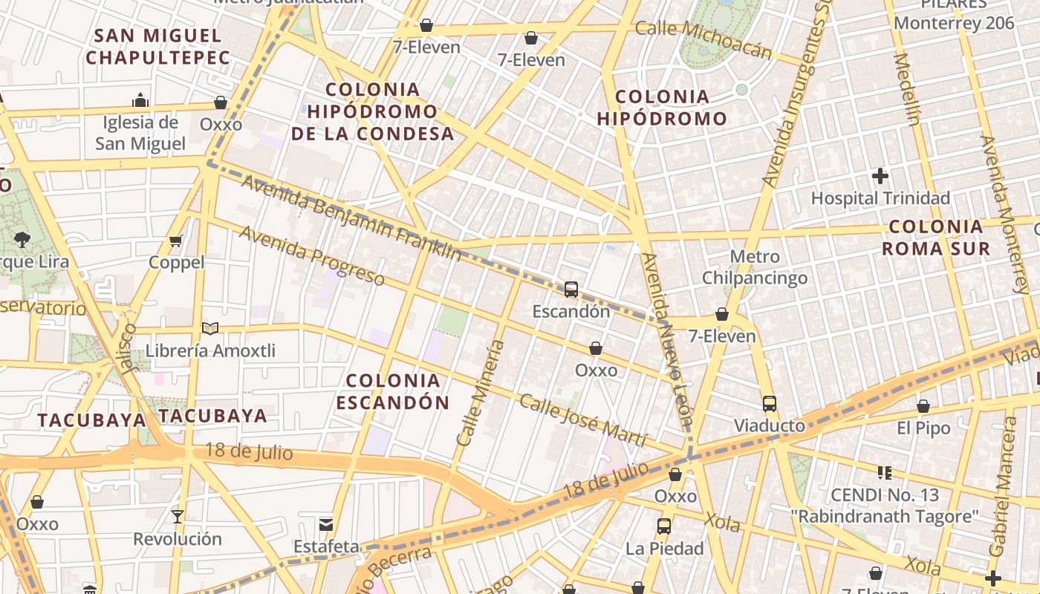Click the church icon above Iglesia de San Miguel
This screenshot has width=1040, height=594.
point(140,100)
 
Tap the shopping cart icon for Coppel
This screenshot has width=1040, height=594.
point(176,240)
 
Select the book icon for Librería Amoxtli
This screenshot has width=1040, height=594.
point(210,327)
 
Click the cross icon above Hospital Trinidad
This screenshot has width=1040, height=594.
point(880,176)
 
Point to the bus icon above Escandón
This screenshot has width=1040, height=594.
point(571,290)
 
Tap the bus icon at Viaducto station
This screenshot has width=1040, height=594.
point(769,404)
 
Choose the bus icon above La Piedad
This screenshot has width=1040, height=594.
point(663,526)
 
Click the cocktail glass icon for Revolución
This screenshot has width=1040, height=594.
point(177,516)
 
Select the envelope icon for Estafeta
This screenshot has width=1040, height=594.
point(325,525)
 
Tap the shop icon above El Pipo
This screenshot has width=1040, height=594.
point(923,406)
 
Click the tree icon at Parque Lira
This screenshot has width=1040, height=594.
point(22,239)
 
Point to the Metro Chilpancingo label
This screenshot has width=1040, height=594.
point(755,268)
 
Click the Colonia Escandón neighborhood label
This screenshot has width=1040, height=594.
point(393,391)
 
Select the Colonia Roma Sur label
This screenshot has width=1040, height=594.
point(936,238)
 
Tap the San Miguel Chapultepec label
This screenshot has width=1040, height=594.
point(158,46)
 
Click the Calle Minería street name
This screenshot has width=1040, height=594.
point(481,393)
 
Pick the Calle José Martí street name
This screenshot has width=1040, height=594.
point(583,420)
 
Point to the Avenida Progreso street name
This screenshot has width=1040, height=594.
point(312,255)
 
